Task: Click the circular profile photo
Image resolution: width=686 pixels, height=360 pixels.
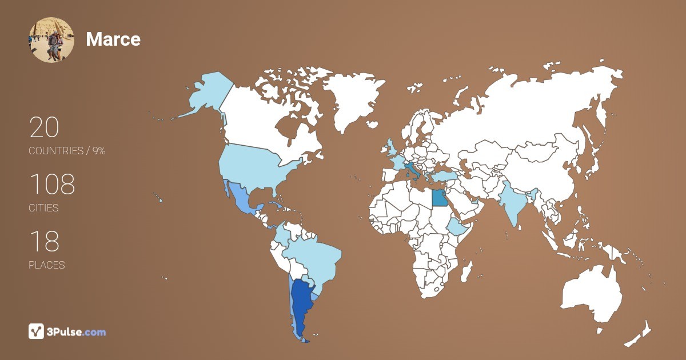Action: (x=51, y=39)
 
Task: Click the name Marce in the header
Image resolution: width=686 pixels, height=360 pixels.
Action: (x=113, y=39)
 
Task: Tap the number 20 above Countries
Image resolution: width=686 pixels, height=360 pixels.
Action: (x=44, y=127)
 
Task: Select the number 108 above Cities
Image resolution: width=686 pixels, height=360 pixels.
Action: (x=52, y=185)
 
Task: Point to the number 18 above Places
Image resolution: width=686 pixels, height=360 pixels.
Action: (x=44, y=242)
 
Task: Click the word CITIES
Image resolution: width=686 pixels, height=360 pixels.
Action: (x=44, y=208)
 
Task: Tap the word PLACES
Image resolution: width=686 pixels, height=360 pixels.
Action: (x=47, y=265)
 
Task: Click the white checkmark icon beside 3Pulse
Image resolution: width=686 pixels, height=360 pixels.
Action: (x=37, y=331)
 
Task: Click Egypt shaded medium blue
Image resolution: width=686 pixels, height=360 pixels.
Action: (x=439, y=198)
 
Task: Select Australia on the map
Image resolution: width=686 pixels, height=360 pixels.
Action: (x=592, y=294)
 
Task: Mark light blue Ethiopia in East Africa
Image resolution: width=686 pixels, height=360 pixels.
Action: (x=457, y=227)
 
